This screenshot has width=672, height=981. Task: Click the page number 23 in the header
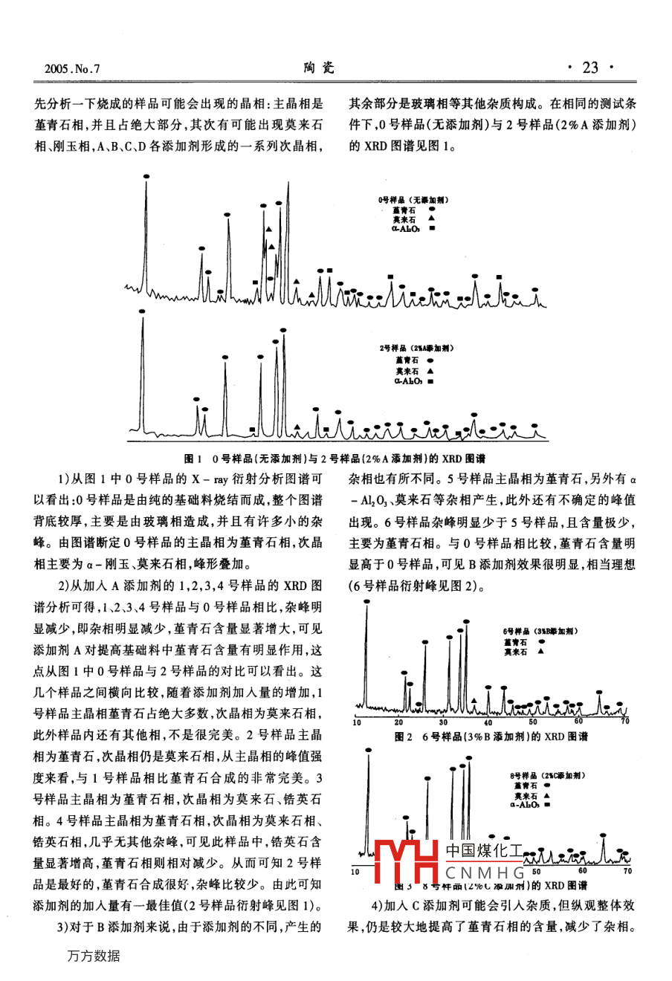click(x=590, y=68)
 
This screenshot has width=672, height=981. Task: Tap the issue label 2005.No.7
click(x=72, y=69)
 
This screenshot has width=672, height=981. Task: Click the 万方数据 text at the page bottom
click(x=93, y=956)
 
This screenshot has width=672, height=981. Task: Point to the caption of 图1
click(x=336, y=458)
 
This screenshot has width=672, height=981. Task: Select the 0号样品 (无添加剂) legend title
click(x=413, y=200)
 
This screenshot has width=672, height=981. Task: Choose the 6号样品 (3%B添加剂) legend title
click(x=540, y=631)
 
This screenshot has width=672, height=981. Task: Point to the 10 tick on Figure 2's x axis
click(x=357, y=722)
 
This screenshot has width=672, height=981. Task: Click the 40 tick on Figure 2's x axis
click(x=488, y=722)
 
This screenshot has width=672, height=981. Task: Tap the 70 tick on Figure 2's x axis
click(x=625, y=722)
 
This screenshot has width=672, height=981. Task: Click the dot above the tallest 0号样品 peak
click(x=146, y=176)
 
